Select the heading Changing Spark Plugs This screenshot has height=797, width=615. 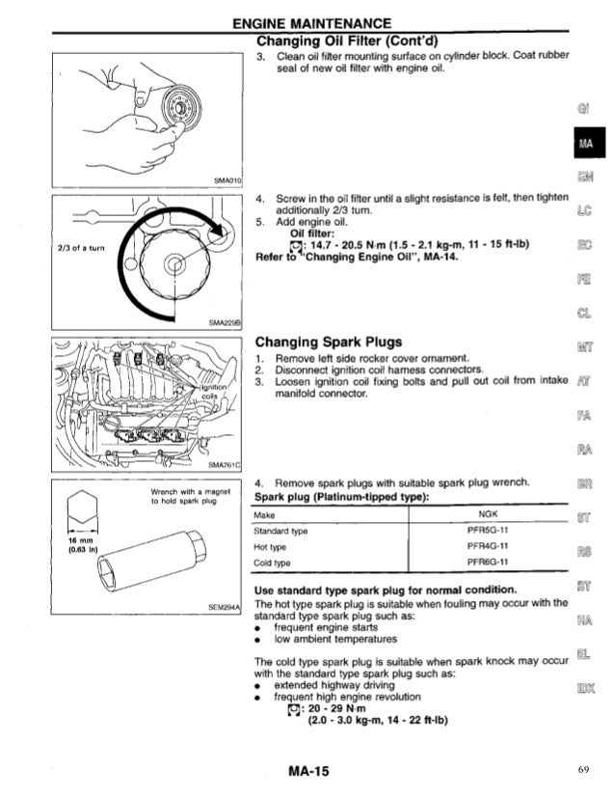click(x=328, y=342)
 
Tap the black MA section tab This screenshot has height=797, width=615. click(x=587, y=145)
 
